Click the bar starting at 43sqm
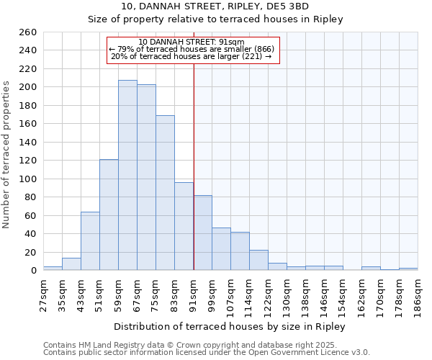tap(90, 241)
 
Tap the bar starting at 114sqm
tap(258, 260)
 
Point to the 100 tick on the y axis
tap(27, 179)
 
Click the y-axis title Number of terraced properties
tap(7, 155)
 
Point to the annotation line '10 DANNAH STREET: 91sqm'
tap(191, 42)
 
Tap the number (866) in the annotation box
tap(261, 49)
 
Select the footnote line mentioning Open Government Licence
tap(207, 352)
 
